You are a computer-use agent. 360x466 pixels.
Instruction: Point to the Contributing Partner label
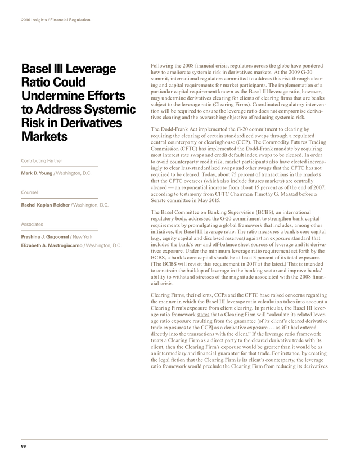pyautogui.click(x=42, y=160)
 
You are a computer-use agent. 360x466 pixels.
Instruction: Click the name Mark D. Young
pyautogui.click(x=37, y=173)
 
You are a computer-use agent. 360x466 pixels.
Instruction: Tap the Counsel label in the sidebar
pyautogui.click(x=29, y=192)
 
